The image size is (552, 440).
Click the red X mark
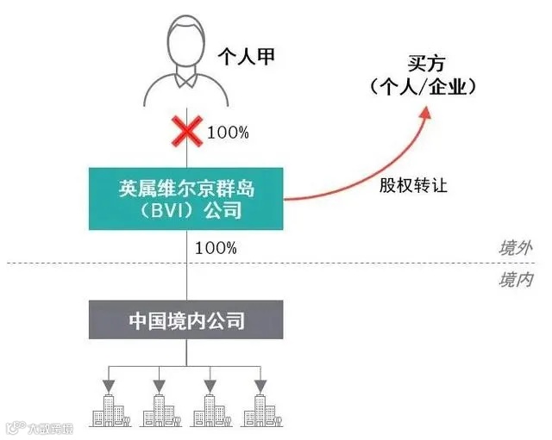(x=187, y=133)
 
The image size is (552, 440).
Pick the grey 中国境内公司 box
(x=186, y=320)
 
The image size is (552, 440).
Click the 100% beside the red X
(x=228, y=133)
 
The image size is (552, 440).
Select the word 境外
(x=515, y=249)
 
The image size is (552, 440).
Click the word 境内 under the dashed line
(x=515, y=279)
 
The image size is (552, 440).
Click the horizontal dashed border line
(x=345, y=263)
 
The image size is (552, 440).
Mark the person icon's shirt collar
(x=186, y=79)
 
